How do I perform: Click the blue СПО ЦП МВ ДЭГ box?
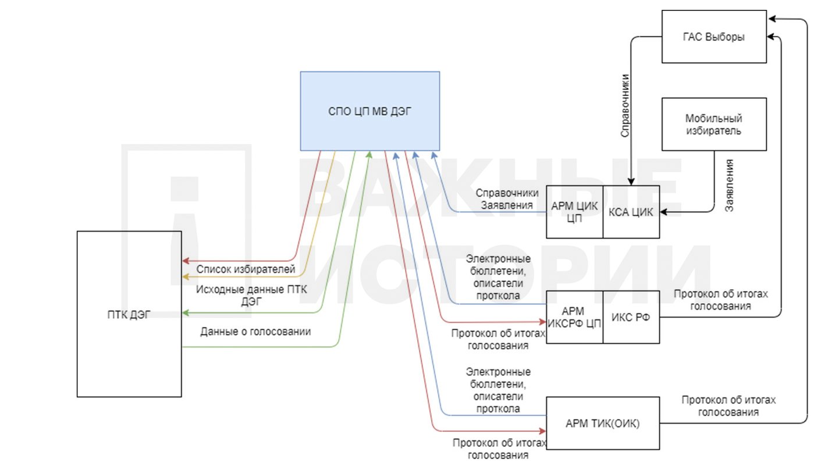click(x=370, y=111)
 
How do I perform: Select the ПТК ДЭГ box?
click(x=129, y=314)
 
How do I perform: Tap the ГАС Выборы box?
click(x=714, y=36)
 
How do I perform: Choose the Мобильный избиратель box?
click(x=714, y=125)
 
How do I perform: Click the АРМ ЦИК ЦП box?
click(x=574, y=212)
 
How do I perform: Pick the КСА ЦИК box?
click(x=631, y=212)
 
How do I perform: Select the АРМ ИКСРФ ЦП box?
click(x=574, y=317)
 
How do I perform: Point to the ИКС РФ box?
click(x=631, y=317)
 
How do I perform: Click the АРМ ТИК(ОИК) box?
click(x=603, y=423)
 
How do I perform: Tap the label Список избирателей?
click(x=246, y=269)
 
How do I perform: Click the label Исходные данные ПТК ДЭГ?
click(x=251, y=296)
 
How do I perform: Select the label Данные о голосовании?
click(x=255, y=332)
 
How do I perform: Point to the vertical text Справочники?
click(x=625, y=106)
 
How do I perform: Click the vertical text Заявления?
click(x=729, y=185)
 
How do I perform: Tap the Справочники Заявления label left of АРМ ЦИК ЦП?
click(x=507, y=199)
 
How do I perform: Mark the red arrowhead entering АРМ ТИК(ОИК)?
click(x=542, y=431)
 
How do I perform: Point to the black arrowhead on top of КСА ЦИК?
click(x=631, y=182)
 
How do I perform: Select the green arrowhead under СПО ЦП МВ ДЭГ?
click(x=369, y=155)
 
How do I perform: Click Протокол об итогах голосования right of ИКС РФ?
click(x=720, y=300)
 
